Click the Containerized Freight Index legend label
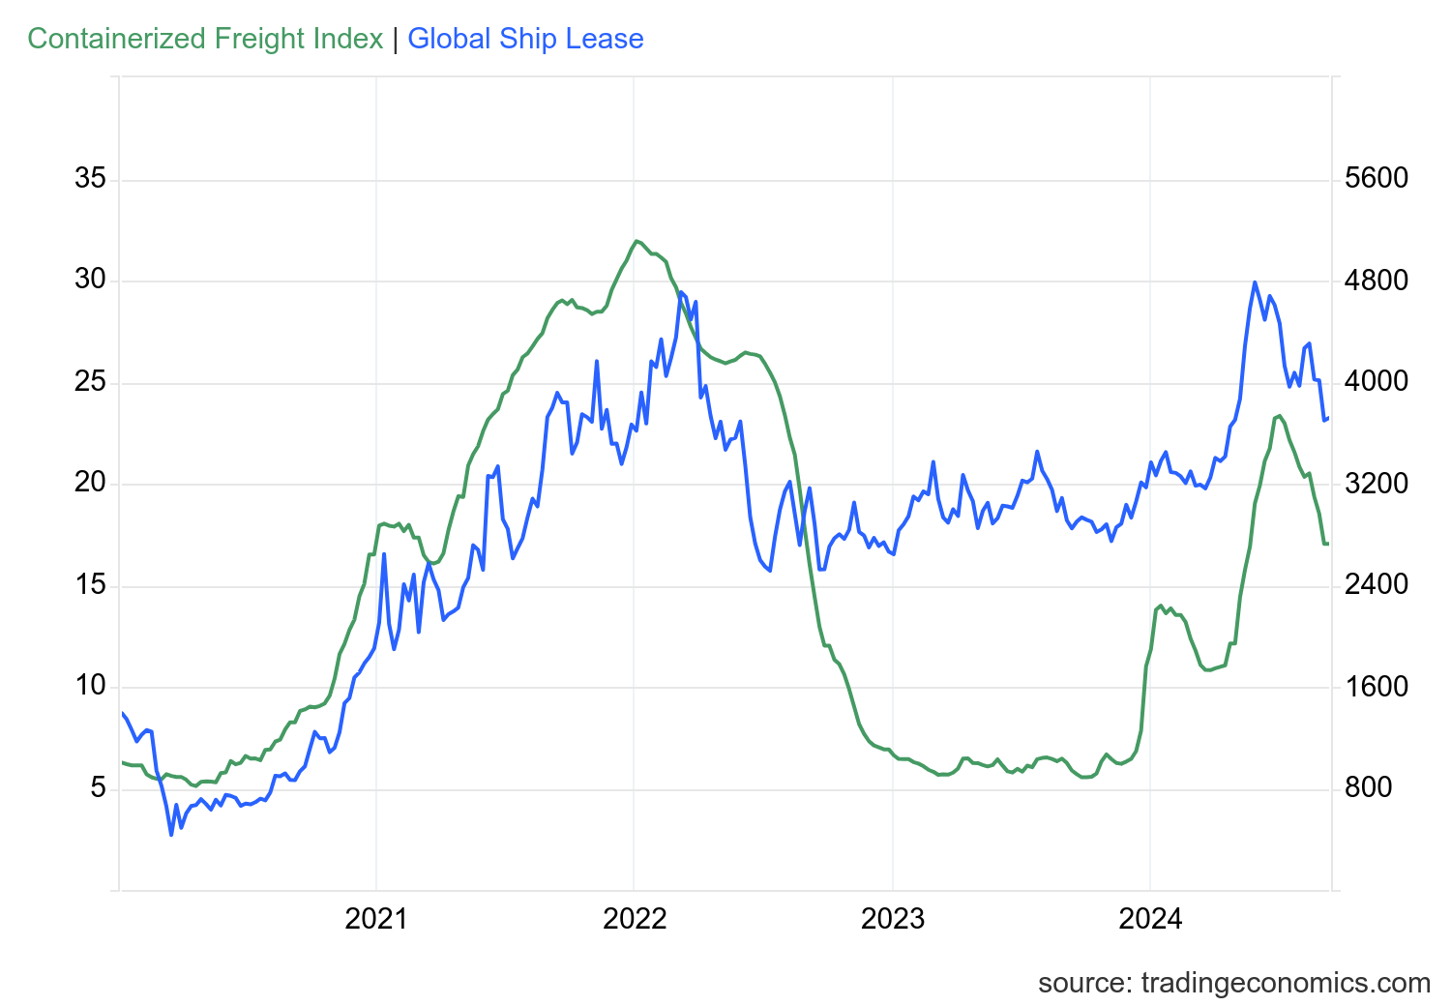pos(205,39)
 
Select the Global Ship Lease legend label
pos(525,39)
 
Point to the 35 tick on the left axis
pos(90,179)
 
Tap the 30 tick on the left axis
pos(90,281)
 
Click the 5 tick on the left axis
pos(98,788)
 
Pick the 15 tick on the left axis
pos(90,585)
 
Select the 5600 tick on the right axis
pos(1377,179)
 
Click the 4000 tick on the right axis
pos(1377,382)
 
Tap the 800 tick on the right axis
pos(1369,788)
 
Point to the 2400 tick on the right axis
pos(1377,585)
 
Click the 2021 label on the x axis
pos(376,918)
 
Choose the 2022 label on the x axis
pos(635,918)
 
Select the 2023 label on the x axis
pos(893,918)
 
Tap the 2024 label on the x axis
pos(1150,918)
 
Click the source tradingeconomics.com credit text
pos(1233,983)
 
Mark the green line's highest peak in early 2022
pos(637,241)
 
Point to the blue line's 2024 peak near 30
pos(1255,282)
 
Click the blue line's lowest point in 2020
pos(171,834)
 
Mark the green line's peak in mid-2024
pos(1280,416)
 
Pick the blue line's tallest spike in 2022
pos(681,292)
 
